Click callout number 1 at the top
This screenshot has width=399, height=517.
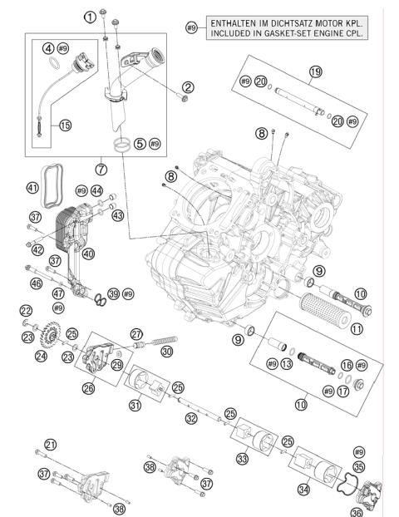click(89, 16)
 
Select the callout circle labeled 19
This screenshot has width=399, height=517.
click(315, 72)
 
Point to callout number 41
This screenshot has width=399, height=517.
click(33, 188)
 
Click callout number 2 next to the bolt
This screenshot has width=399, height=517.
click(189, 87)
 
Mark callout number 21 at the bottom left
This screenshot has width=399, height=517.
click(50, 445)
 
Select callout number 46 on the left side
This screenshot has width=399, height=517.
click(35, 284)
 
